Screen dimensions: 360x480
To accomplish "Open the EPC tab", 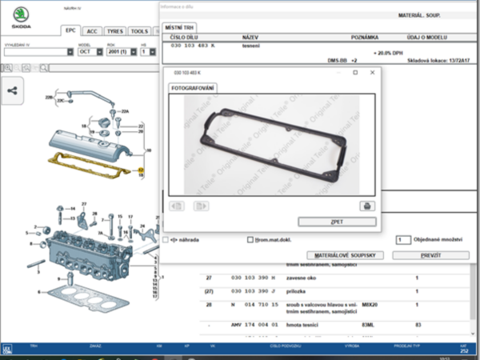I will [70, 31].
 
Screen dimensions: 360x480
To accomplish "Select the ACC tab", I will [93, 31].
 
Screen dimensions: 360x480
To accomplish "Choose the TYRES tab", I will [115, 31].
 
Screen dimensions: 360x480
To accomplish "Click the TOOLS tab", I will [139, 31].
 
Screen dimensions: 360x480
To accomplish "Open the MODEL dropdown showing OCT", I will [96, 51].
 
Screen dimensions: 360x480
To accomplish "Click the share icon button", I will [12, 90].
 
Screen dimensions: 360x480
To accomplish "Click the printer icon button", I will [366, 206].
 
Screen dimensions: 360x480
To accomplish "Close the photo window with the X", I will [372, 73].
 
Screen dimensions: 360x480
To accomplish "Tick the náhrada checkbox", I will [166, 239].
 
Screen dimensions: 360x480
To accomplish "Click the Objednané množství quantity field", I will [403, 239].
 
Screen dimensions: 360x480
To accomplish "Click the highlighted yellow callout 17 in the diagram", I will [141, 170].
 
